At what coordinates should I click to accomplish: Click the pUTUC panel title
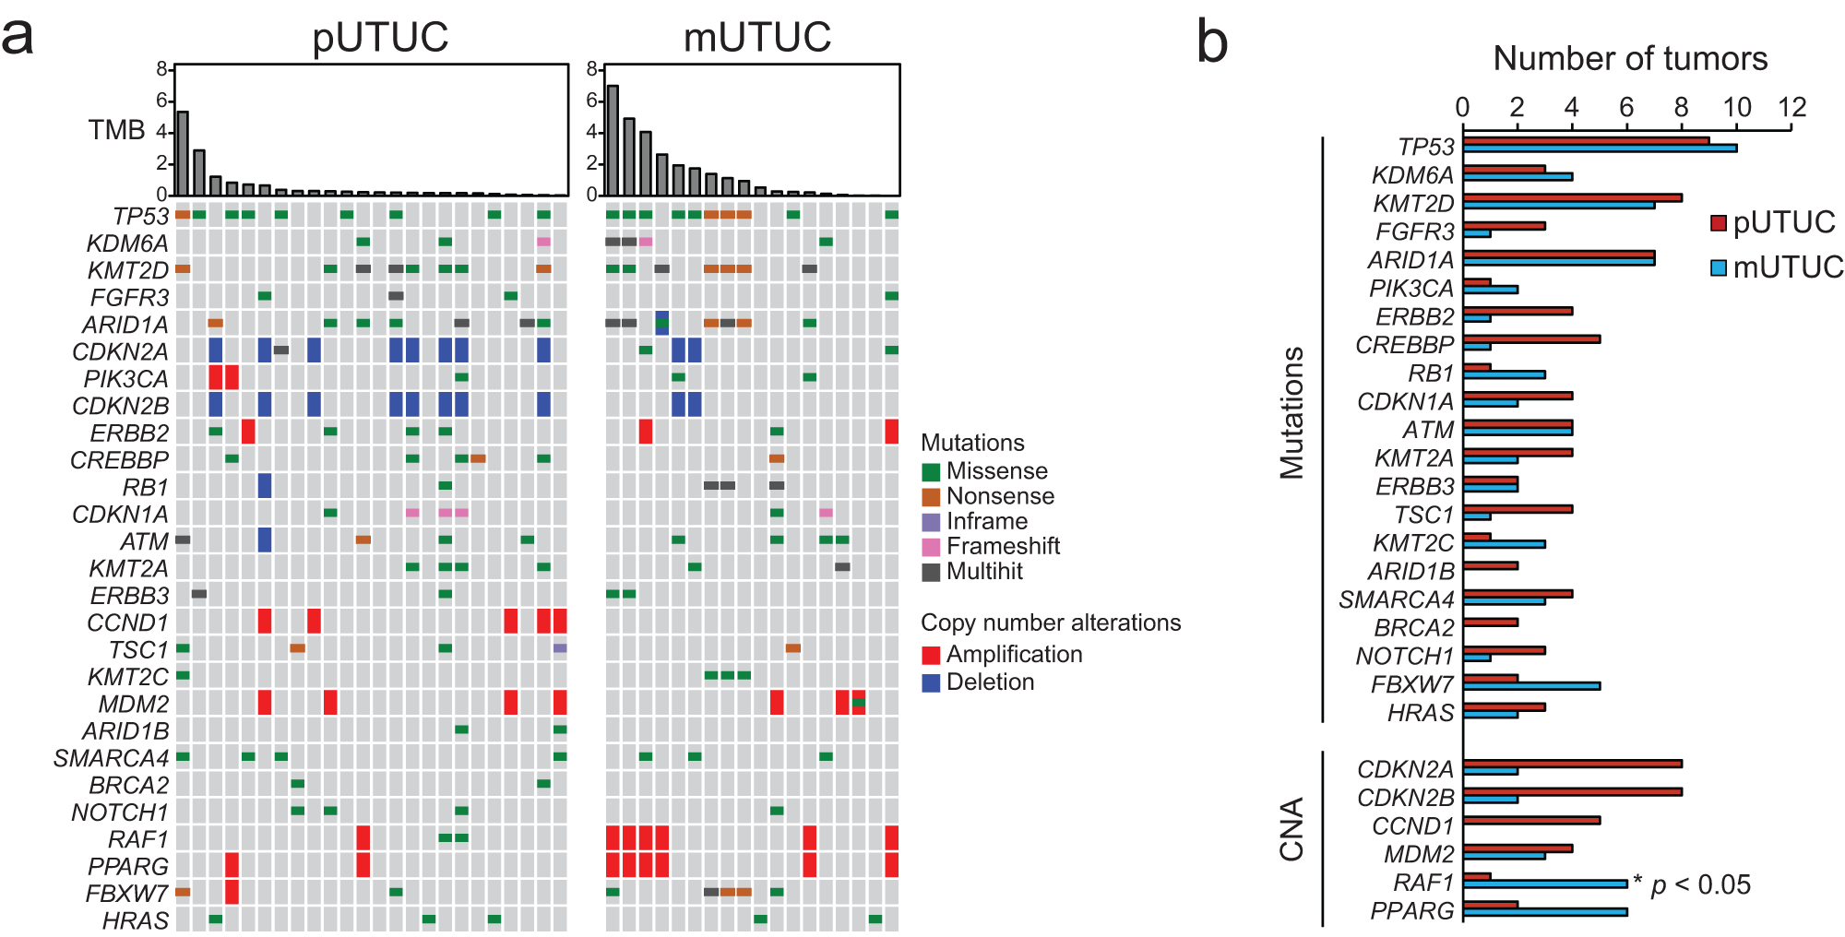point(380,37)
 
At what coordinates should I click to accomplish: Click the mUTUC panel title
point(756,37)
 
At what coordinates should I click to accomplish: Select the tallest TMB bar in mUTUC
point(613,140)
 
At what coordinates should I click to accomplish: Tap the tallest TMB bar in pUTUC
point(183,153)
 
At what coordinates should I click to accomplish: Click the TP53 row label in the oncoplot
point(140,216)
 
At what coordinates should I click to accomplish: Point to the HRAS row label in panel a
point(136,920)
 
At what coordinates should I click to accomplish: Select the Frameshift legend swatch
point(931,546)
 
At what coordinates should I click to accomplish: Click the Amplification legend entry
point(1013,654)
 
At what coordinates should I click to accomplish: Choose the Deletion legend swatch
point(931,682)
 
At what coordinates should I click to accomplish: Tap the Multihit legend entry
point(983,571)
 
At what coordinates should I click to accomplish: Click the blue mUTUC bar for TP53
point(1600,148)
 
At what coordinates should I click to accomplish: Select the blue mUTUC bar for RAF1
point(1545,884)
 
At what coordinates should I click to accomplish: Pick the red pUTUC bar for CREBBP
point(1531,339)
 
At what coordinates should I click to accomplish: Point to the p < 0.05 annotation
point(1699,884)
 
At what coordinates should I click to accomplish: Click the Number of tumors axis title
point(1630,58)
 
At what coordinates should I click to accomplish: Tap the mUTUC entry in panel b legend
point(1786,267)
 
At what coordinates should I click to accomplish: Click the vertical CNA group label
point(1291,829)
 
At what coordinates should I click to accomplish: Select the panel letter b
point(1212,42)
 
